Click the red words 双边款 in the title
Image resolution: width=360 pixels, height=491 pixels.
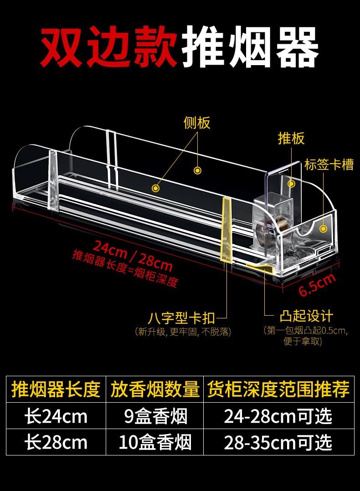coord(109,46)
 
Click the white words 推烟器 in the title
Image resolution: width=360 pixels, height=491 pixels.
coord(250,46)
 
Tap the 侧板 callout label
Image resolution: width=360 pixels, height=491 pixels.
coord(197,123)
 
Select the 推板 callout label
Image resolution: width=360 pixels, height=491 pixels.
coord(291,138)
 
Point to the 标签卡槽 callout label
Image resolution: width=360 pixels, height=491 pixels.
coord(329,164)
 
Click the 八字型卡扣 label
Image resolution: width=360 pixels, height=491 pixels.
coord(181,317)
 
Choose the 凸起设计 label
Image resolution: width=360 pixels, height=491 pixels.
coord(307,316)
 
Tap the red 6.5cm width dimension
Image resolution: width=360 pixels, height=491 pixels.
coord(317,284)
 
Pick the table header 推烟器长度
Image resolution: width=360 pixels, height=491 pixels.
coord(56,390)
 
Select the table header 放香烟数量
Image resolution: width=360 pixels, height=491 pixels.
coord(155,390)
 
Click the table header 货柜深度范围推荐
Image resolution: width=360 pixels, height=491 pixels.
coord(278,390)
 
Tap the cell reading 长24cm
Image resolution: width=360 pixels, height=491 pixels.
coord(56,416)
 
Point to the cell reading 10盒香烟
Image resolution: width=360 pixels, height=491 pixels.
coord(155,442)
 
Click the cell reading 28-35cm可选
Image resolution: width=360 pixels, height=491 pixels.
coord(278,442)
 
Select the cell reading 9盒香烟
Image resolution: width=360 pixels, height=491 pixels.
coord(155,416)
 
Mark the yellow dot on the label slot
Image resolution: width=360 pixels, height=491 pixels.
coord(324,229)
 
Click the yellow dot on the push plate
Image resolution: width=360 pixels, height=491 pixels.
coord(292,184)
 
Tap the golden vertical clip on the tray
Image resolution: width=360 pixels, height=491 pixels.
coord(226,230)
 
